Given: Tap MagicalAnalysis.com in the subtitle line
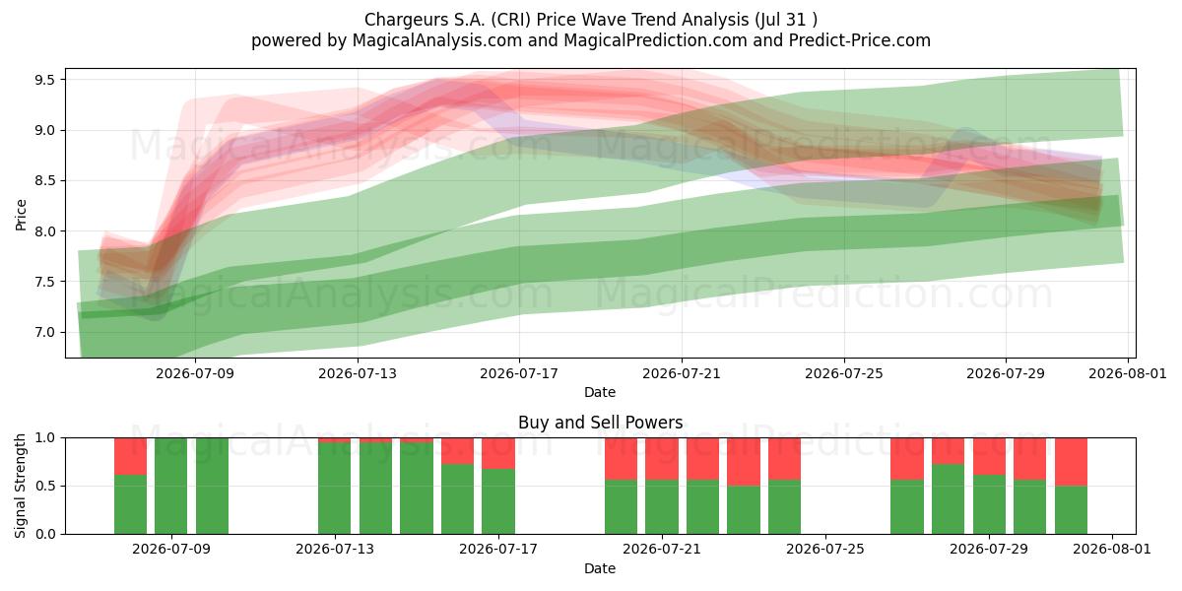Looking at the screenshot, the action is [x=437, y=40].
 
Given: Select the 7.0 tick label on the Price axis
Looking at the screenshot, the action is [x=44, y=333].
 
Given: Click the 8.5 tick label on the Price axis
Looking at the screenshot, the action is [x=44, y=181].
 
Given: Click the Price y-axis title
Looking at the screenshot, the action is [x=21, y=215].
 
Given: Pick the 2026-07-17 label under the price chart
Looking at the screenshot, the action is [x=519, y=373].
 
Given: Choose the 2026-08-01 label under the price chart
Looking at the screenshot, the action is [x=1128, y=373].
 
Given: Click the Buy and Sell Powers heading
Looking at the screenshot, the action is [x=600, y=423].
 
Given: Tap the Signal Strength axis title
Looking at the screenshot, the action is [x=20, y=486].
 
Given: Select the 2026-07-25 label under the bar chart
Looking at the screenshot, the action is [x=825, y=550].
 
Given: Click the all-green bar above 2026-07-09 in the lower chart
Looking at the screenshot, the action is [x=171, y=486].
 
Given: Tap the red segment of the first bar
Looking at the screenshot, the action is [x=130, y=456].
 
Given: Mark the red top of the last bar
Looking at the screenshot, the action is [x=1071, y=462].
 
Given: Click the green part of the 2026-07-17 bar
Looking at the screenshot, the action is [x=498, y=501].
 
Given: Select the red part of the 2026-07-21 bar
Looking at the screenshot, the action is [x=662, y=459].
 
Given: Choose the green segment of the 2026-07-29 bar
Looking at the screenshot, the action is [x=989, y=504].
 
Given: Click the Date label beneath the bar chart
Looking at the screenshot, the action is [x=600, y=569].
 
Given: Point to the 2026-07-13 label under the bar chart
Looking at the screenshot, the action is [x=335, y=550].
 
